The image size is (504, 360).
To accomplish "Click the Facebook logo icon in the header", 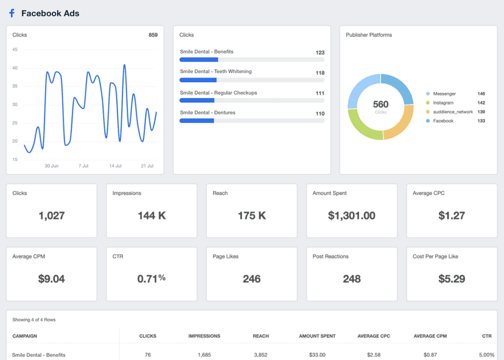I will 12,13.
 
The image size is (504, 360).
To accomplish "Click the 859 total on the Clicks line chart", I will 153,35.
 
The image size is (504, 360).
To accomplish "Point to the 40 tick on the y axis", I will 15,68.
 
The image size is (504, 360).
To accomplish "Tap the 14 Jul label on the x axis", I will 115,165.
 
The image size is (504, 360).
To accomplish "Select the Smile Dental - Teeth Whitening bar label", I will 215,72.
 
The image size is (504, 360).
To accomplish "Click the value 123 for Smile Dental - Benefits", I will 320,53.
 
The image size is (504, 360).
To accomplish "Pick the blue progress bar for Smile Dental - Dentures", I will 197,121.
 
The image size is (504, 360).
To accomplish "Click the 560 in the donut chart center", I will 380,105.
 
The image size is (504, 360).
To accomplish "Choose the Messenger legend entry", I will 444,94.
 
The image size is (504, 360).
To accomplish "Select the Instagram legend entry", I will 443,103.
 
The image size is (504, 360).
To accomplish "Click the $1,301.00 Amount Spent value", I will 351,215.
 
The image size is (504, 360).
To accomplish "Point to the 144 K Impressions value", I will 151,215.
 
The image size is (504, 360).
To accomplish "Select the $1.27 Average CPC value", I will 451,215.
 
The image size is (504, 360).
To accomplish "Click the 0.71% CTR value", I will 151,279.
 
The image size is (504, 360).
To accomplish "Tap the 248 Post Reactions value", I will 351,279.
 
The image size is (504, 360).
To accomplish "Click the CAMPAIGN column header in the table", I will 25,336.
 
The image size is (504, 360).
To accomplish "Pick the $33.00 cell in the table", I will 317,355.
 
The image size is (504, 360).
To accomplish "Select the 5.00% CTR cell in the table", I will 487,355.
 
